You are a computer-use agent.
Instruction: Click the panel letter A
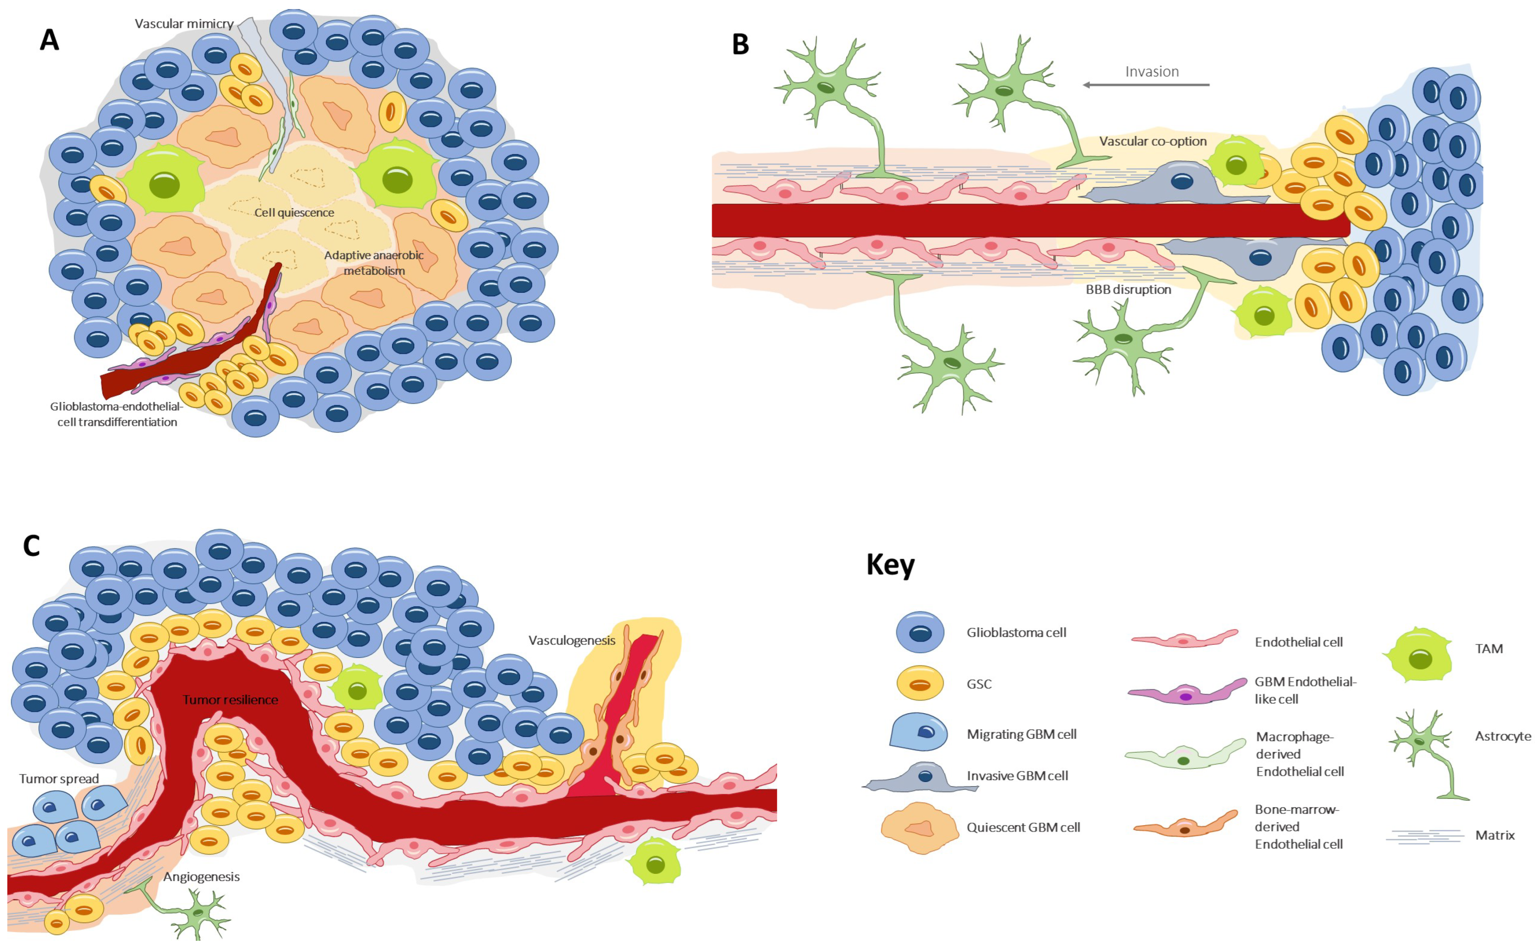point(50,40)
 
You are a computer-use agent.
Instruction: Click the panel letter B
point(740,44)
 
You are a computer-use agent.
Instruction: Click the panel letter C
point(31,546)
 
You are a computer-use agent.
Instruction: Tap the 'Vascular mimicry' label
point(184,24)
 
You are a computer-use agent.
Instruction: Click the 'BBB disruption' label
point(1128,290)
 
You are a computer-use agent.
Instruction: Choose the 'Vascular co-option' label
point(1152,141)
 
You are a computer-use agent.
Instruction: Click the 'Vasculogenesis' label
point(571,640)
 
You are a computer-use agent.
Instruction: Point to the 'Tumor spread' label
point(59,779)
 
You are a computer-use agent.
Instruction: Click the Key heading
point(890,564)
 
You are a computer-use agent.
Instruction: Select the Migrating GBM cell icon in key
point(918,733)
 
